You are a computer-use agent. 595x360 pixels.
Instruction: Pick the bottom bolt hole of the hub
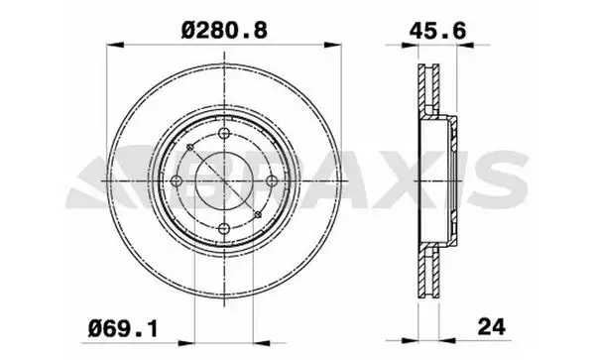[225, 227]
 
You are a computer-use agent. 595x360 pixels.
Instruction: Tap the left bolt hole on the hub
[178, 180]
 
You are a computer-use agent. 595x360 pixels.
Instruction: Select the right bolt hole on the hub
[272, 180]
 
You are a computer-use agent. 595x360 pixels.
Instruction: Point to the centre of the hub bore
[225, 180]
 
